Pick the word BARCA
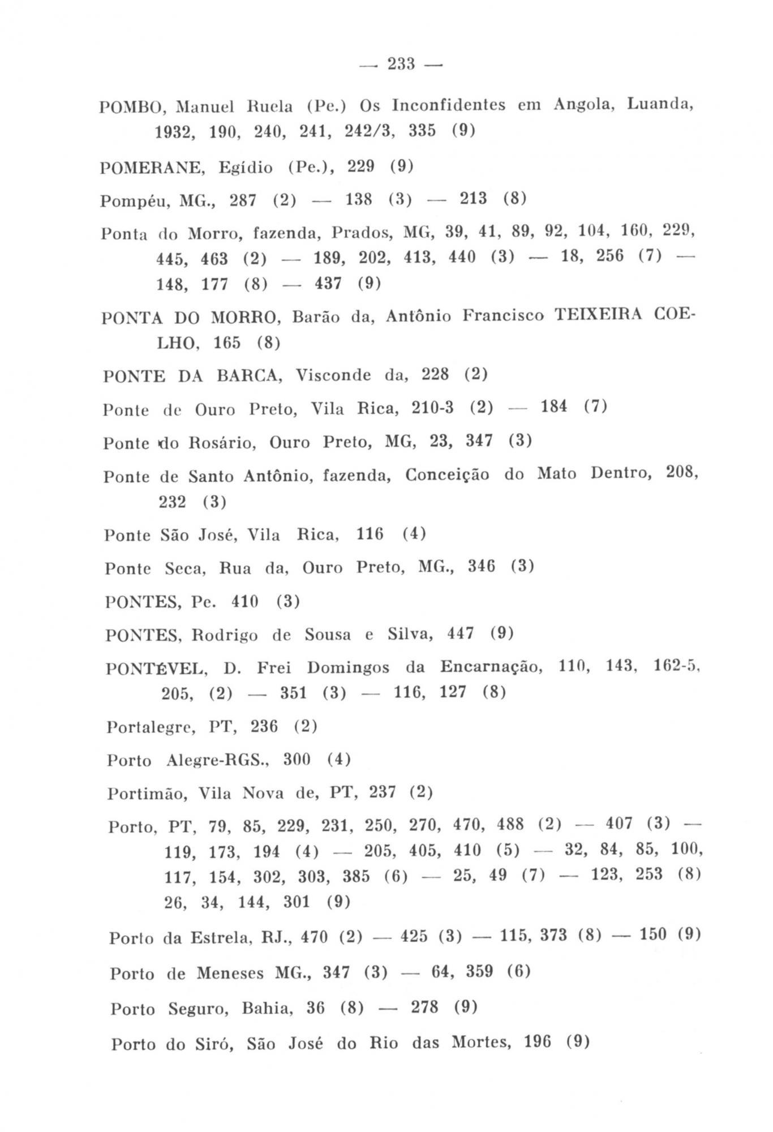click(250, 376)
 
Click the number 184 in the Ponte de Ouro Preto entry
click(554, 407)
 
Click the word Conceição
click(447, 475)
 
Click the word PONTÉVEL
click(157, 669)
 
